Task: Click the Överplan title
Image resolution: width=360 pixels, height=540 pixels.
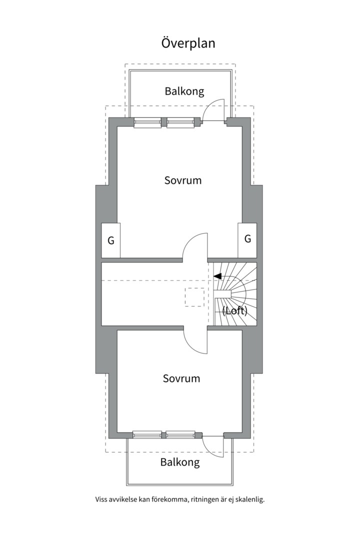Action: point(188,43)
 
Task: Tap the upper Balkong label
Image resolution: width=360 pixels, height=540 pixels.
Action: point(184,91)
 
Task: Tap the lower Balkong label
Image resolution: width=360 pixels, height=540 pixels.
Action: point(180,462)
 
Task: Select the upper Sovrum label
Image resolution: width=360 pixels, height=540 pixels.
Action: point(183,180)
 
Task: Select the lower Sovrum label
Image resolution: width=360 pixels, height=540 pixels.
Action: point(181,378)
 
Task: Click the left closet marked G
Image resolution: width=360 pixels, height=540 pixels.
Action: point(111,240)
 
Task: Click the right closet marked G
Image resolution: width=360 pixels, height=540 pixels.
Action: point(247,238)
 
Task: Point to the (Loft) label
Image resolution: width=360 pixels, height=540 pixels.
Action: point(235,311)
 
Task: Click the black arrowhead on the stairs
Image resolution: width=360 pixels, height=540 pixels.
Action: point(217,276)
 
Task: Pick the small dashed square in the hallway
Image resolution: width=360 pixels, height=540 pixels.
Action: point(194,297)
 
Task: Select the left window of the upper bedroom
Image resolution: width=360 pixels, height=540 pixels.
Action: point(147,122)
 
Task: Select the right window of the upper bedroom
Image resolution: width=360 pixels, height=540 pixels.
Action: point(180,122)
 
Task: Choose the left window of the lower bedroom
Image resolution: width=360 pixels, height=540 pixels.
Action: point(147,434)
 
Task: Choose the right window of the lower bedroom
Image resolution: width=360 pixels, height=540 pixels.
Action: point(180,434)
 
